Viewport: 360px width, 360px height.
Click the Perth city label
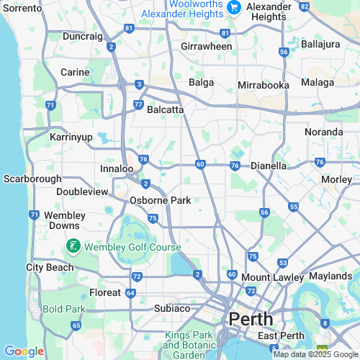point(251,318)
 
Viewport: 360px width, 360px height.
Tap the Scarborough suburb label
point(30,178)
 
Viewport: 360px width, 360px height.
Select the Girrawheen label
point(206,46)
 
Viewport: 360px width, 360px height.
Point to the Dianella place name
point(269,166)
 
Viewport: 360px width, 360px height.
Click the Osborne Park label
point(161,200)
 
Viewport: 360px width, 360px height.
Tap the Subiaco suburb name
point(171,308)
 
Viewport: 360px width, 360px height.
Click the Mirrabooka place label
point(264,85)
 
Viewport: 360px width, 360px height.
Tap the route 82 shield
point(305,6)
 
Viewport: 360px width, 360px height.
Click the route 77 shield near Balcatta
point(138,104)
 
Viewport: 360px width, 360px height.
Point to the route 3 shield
point(138,84)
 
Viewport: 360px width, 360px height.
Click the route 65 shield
point(76,325)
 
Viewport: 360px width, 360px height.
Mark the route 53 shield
point(283,264)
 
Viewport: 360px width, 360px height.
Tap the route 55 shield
point(293,207)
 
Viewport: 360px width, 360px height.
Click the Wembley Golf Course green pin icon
point(73,246)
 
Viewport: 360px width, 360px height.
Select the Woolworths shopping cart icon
point(233,7)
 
